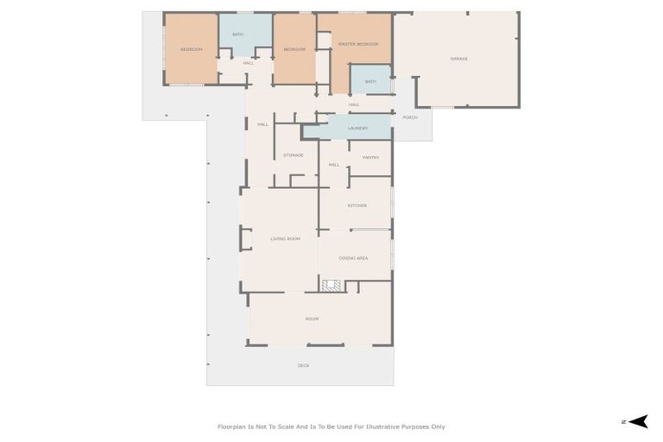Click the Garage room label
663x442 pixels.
pos(458,59)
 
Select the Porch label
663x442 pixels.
pos(410,117)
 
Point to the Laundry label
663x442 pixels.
pos(357,129)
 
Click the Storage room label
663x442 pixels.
pos(294,155)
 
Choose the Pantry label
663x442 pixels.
pos(370,158)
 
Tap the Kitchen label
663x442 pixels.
pos(357,205)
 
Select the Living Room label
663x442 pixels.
pos(285,238)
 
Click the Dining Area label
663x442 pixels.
pos(354,258)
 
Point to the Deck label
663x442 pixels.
pos(303,366)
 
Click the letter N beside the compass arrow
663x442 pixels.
pos(623,422)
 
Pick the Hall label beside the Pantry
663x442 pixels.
pos(333,165)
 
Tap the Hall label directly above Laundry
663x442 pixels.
pos(354,104)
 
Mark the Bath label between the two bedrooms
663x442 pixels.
pos(237,35)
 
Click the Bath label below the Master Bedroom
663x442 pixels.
pos(370,82)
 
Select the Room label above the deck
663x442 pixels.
pos(312,319)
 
